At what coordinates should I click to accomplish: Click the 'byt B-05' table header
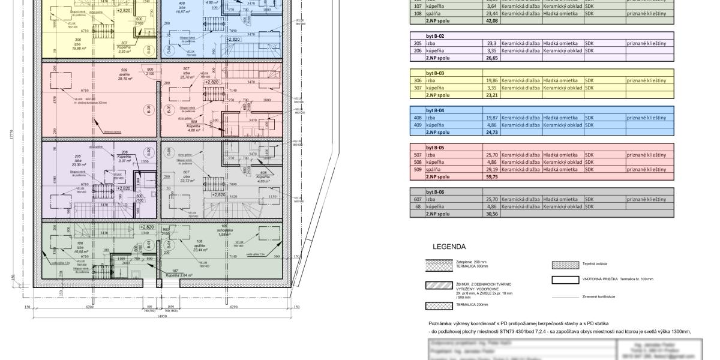coord(434,147)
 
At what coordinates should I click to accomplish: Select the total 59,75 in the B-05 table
coord(491,177)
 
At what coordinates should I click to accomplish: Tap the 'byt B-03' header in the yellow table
coord(434,73)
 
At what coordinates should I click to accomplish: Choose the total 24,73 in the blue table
coord(491,132)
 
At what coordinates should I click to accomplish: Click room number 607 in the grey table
coord(418,199)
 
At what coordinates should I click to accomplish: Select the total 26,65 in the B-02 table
coord(491,58)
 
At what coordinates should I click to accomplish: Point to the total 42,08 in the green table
coord(491,20)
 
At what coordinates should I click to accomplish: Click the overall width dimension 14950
coord(161,317)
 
